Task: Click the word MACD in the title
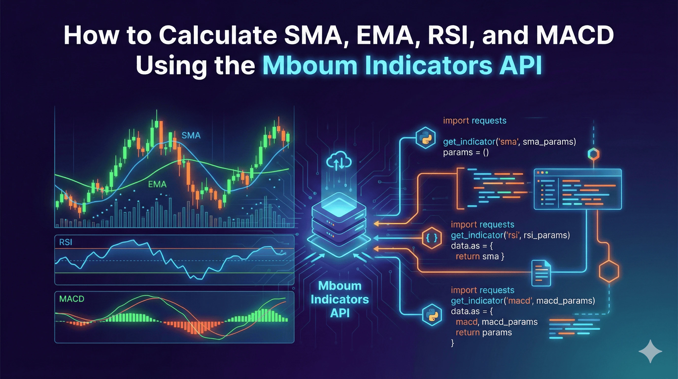pyautogui.click(x=575, y=35)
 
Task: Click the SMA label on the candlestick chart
pyautogui.click(x=191, y=135)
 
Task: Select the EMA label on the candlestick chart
pyautogui.click(x=157, y=184)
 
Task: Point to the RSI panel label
pyautogui.click(x=66, y=242)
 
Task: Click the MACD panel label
pyautogui.click(x=72, y=299)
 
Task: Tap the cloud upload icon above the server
pyautogui.click(x=339, y=161)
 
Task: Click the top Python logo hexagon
pyautogui.click(x=425, y=138)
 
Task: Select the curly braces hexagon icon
pyautogui.click(x=432, y=238)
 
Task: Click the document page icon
pyautogui.click(x=541, y=273)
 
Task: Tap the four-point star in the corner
pyautogui.click(x=650, y=351)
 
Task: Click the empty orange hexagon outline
pyautogui.click(x=609, y=271)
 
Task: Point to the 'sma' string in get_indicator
pyautogui.click(x=508, y=142)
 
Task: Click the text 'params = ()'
pyautogui.click(x=466, y=152)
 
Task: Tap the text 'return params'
pyautogui.click(x=484, y=333)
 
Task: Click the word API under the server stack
pyautogui.click(x=339, y=313)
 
